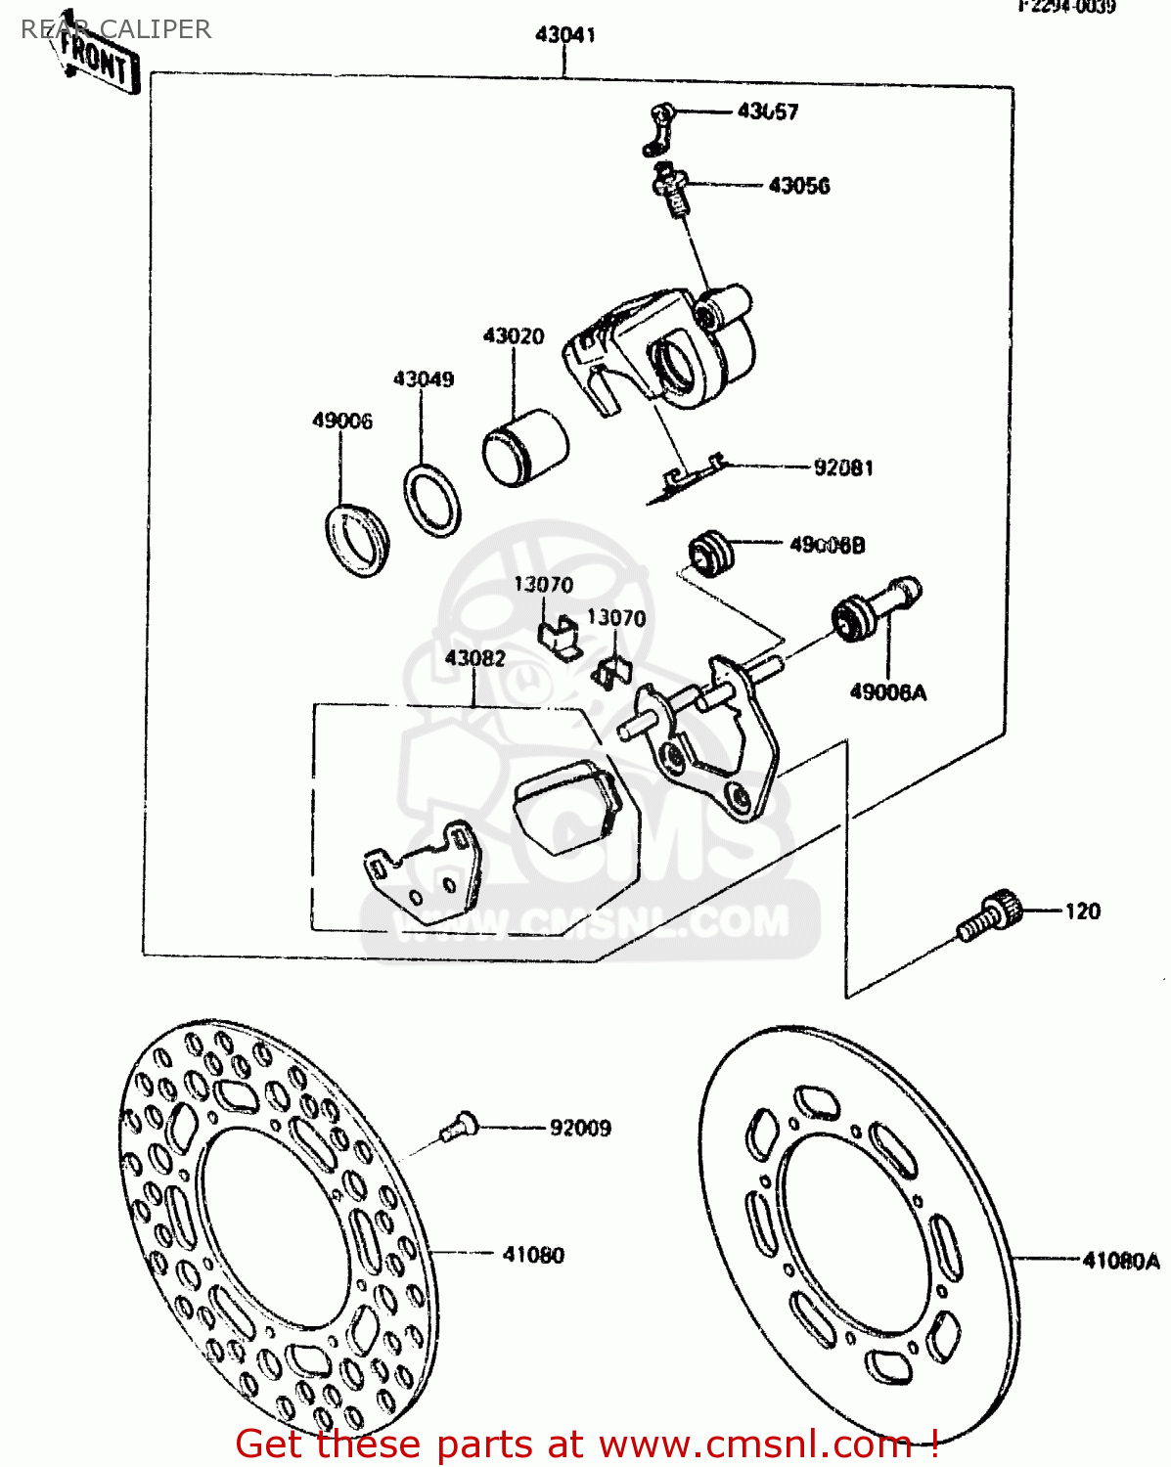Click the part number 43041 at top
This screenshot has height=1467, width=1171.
click(x=564, y=35)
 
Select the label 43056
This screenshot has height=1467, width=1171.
click(x=798, y=186)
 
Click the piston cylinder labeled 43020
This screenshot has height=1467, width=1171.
click(x=524, y=447)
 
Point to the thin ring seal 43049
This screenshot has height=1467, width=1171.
click(x=431, y=501)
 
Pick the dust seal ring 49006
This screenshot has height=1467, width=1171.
click(x=356, y=539)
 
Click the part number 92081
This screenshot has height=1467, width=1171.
click(x=843, y=467)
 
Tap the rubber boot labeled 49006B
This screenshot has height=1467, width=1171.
click(x=710, y=554)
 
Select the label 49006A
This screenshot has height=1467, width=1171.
click(x=887, y=692)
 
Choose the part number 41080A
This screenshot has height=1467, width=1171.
click(x=1120, y=1261)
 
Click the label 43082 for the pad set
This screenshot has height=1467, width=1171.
click(x=474, y=658)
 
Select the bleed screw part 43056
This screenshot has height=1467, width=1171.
click(x=672, y=192)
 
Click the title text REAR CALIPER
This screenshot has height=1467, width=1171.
click(x=115, y=29)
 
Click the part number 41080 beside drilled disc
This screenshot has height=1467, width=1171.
click(x=533, y=1255)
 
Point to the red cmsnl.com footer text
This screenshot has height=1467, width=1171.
click(x=587, y=1444)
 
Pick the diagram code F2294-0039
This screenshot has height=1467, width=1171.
click(x=1066, y=7)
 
